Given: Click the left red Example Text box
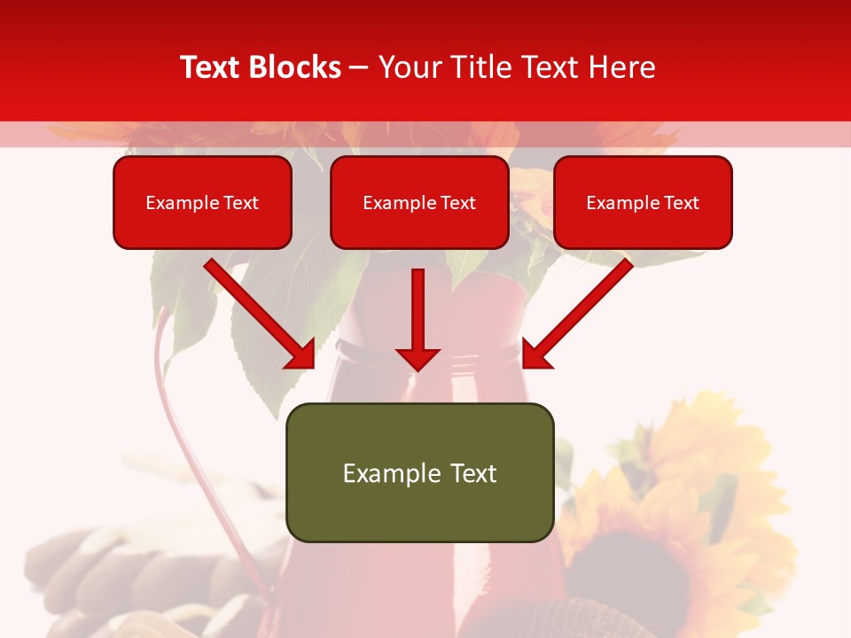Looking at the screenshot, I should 202,202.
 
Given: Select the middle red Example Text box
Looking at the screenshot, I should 419,202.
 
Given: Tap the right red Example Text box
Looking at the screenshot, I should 643,202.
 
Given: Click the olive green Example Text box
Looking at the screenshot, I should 419,472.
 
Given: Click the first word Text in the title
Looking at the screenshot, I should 212,67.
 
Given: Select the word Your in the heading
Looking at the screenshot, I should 409,67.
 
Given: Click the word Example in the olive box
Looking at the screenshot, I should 379,473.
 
